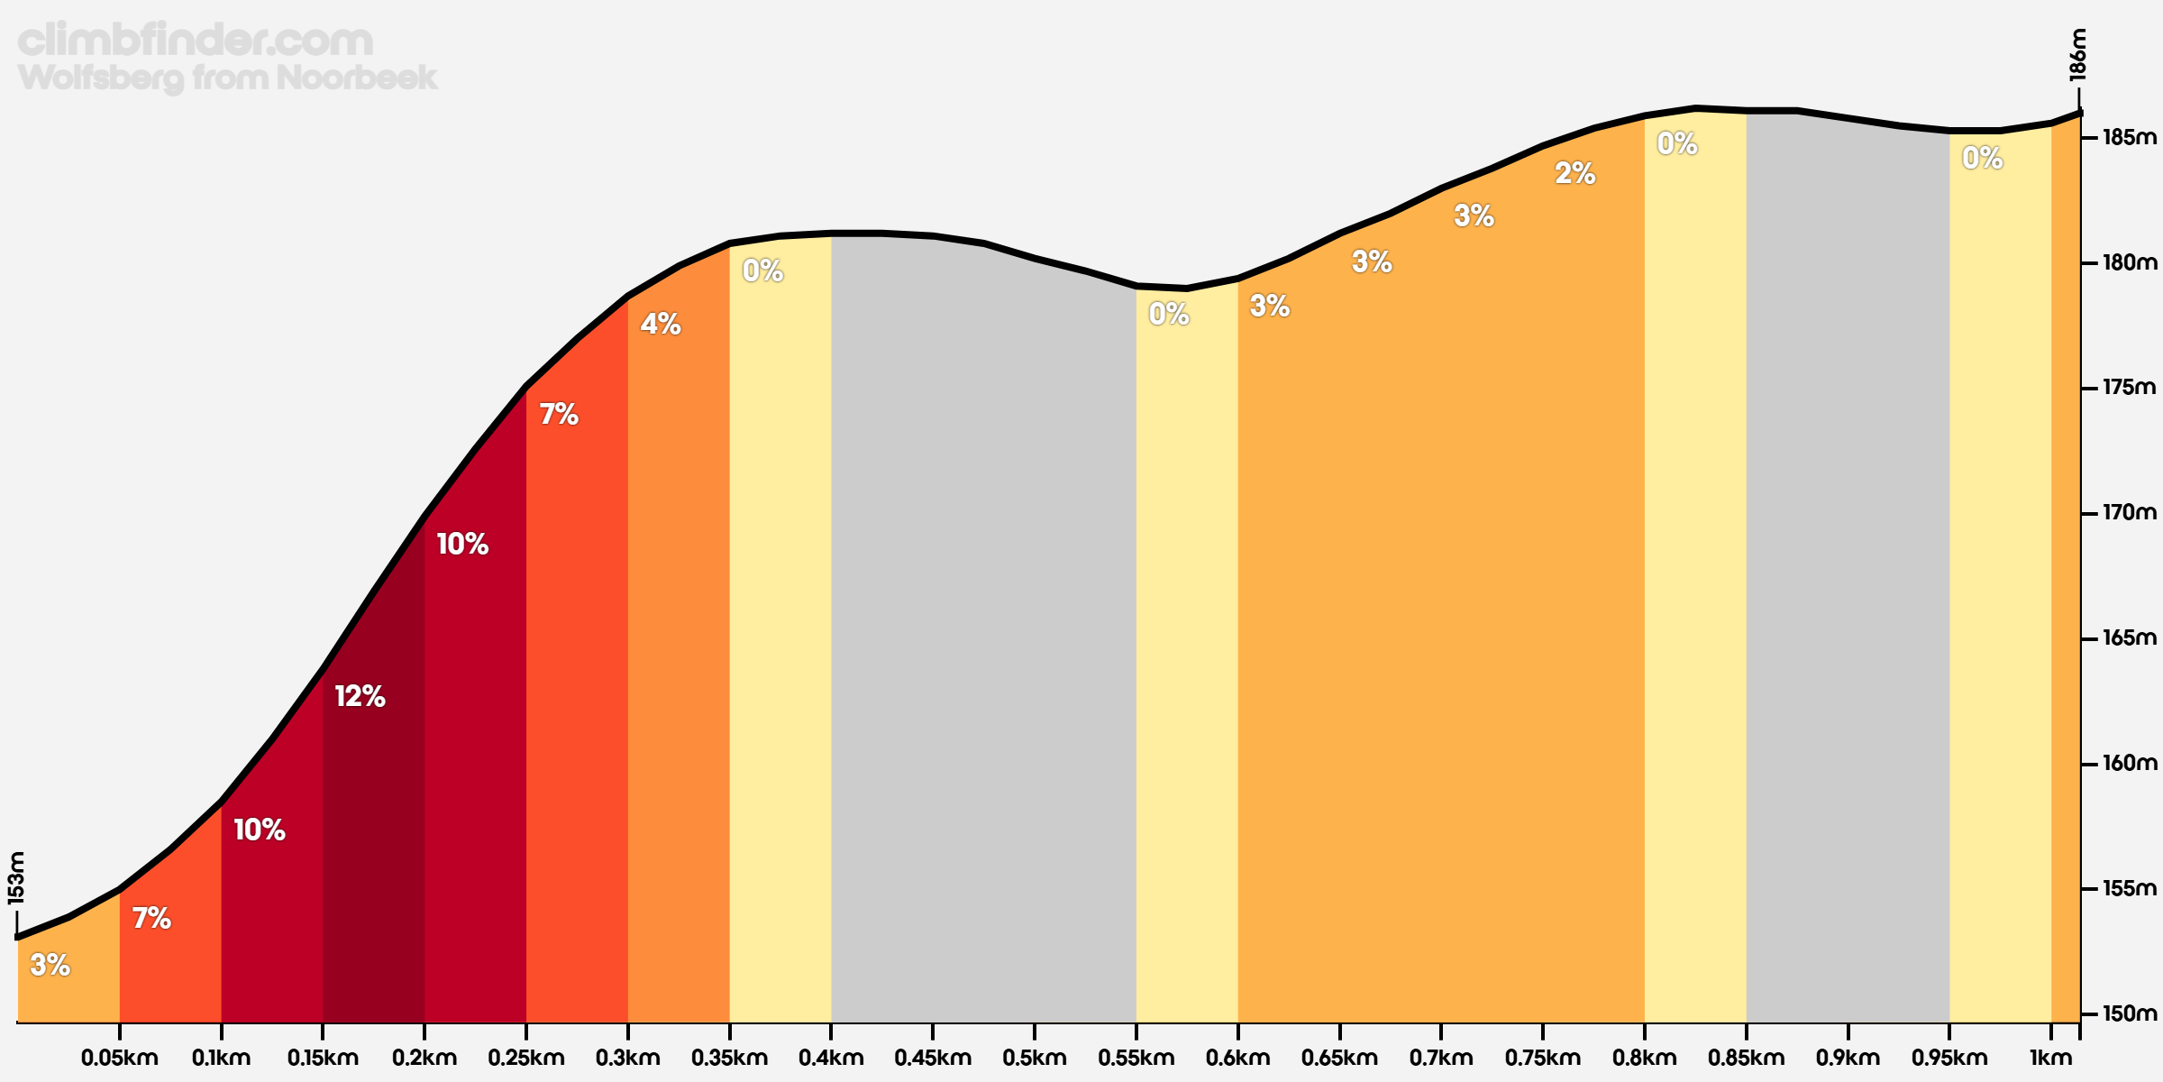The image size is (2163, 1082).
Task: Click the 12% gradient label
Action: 360,696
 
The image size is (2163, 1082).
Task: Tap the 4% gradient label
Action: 661,324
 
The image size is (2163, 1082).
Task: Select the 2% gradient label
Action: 1575,173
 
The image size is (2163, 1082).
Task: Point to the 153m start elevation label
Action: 16,877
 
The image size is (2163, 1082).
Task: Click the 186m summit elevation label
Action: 2077,55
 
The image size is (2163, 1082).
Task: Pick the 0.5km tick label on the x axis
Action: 1035,1058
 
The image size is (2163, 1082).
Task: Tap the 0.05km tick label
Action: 119,1058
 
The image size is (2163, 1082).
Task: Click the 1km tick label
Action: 2051,1058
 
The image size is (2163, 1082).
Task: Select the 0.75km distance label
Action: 1543,1058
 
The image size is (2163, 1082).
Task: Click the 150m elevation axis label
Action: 2130,1013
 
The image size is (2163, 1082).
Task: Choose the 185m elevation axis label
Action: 2130,138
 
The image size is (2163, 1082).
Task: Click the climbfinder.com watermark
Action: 196,41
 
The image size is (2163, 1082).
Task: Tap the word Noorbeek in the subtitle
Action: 357,78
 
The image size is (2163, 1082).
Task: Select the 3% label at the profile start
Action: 50,966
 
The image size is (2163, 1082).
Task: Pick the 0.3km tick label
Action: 627,1058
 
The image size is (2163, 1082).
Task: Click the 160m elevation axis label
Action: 2130,764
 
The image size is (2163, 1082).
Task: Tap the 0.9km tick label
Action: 1848,1058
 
